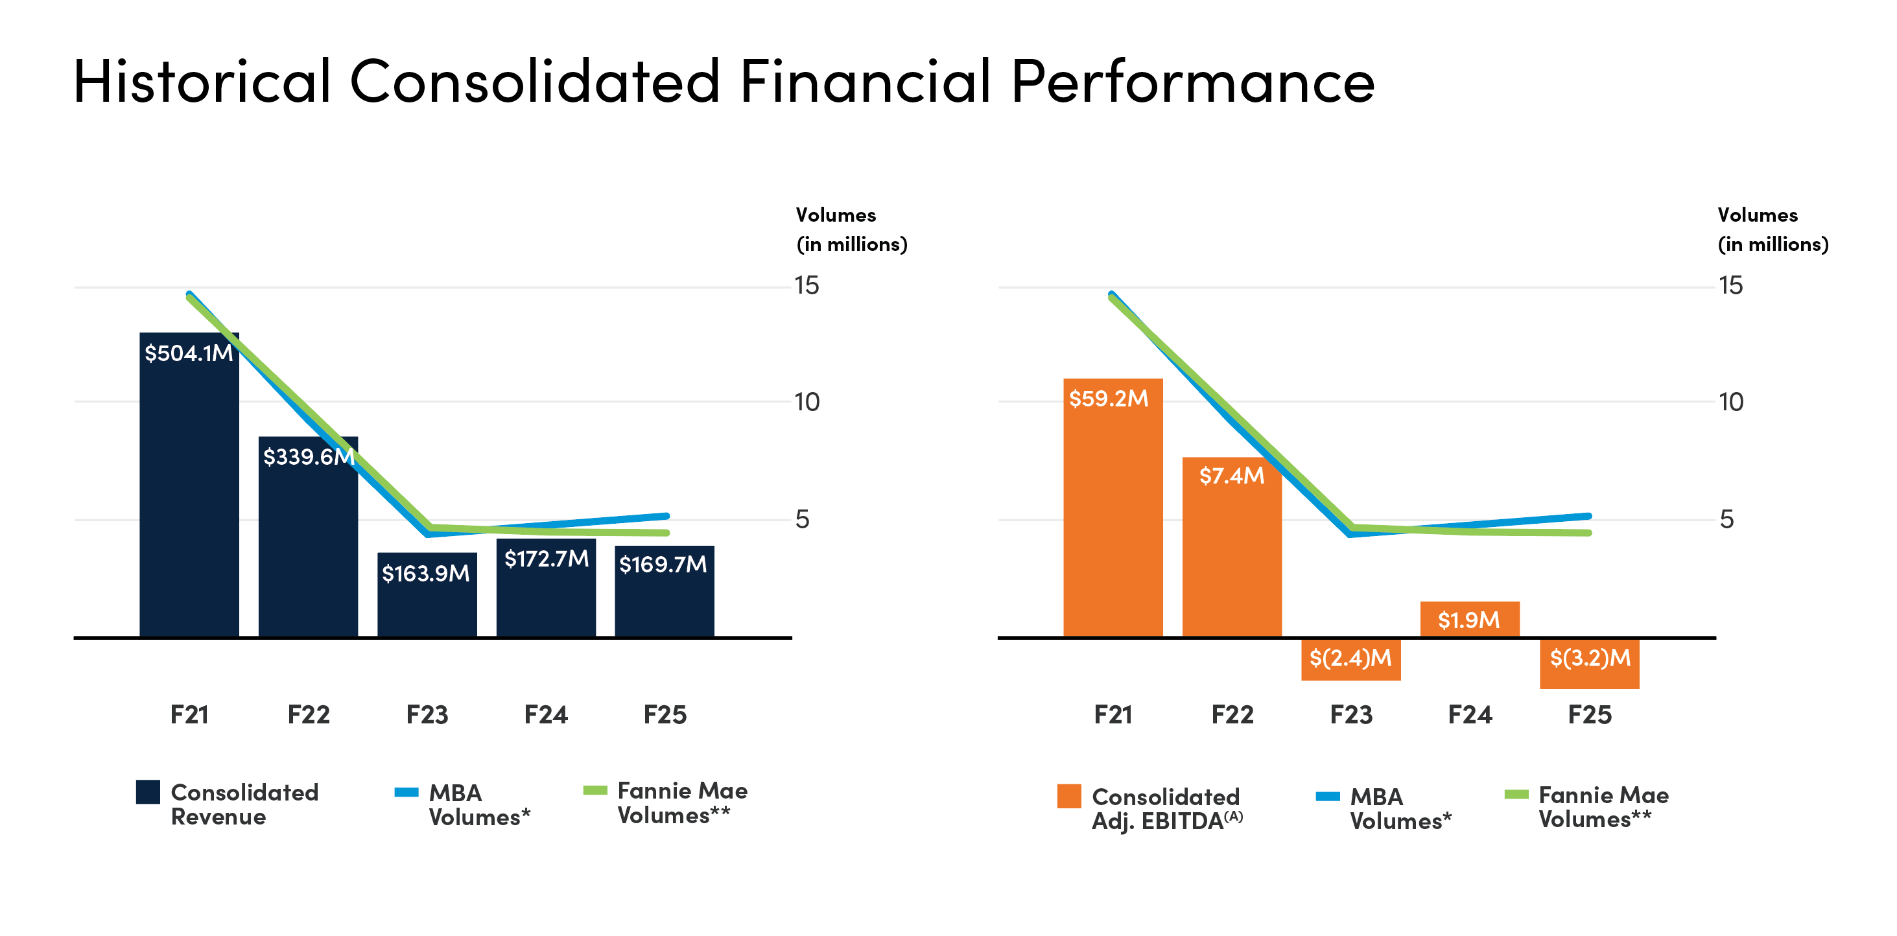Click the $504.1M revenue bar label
189,353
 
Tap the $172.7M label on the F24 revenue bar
547,559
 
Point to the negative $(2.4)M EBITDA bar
1350,659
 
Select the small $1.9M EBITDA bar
1470,619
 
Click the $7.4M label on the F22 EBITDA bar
1231,476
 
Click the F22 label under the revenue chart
309,714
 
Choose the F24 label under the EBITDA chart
1470,714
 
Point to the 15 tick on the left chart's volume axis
807,286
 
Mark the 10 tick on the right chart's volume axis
1730,402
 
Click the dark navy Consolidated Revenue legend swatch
148,791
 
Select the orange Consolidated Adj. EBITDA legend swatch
1068,796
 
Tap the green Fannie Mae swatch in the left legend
595,790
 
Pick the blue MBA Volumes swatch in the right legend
1328,796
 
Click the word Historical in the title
202,81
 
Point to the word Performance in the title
1192,81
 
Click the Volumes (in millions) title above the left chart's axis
851,229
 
